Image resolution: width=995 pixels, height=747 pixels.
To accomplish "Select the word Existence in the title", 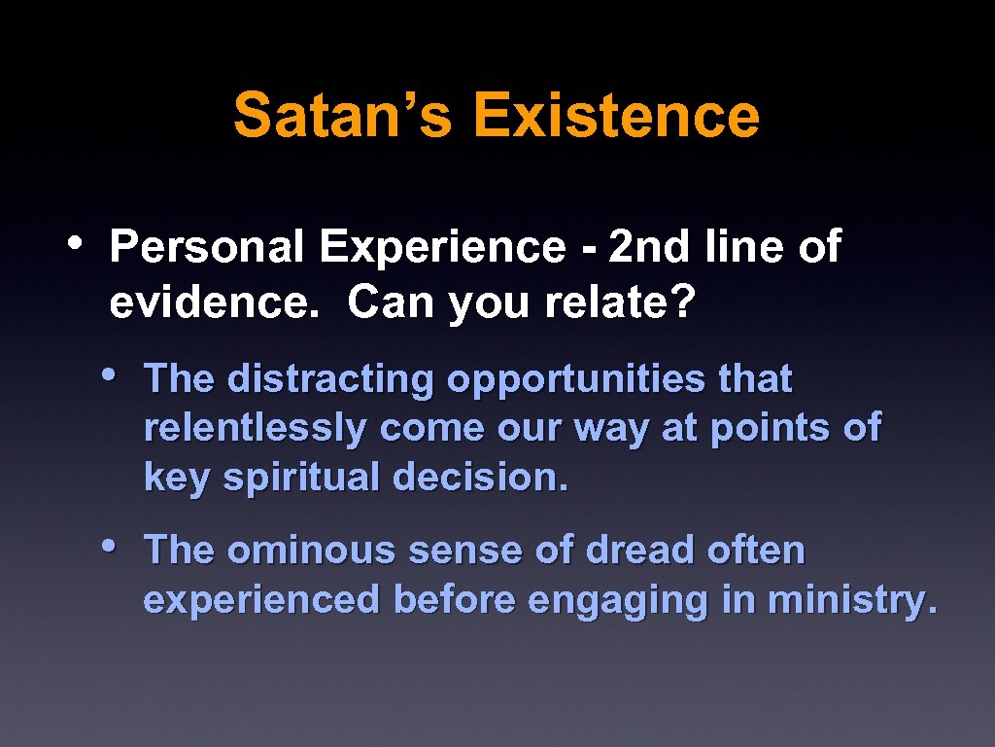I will click(616, 115).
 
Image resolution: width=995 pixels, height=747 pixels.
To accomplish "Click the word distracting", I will click(330, 379).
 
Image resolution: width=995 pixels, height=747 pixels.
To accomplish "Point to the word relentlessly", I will click(256, 429).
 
